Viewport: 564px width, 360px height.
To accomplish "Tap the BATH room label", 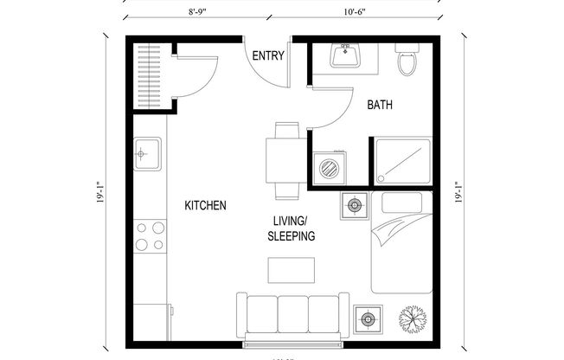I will [x=380, y=106].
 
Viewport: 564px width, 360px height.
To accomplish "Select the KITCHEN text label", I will [x=206, y=206].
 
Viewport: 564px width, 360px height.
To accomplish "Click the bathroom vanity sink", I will [x=348, y=55].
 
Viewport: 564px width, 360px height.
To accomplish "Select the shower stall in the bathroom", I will [x=402, y=161].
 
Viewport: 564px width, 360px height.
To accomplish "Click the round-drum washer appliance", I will [x=329, y=167].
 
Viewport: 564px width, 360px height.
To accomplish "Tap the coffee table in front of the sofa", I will [x=292, y=270].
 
